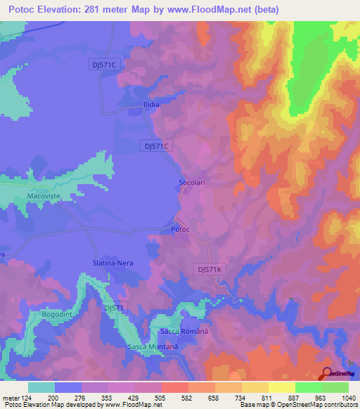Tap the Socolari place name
tap(191, 183)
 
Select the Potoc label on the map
tap(181, 230)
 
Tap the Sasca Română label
tap(185, 331)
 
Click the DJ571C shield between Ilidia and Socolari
tap(156, 145)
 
